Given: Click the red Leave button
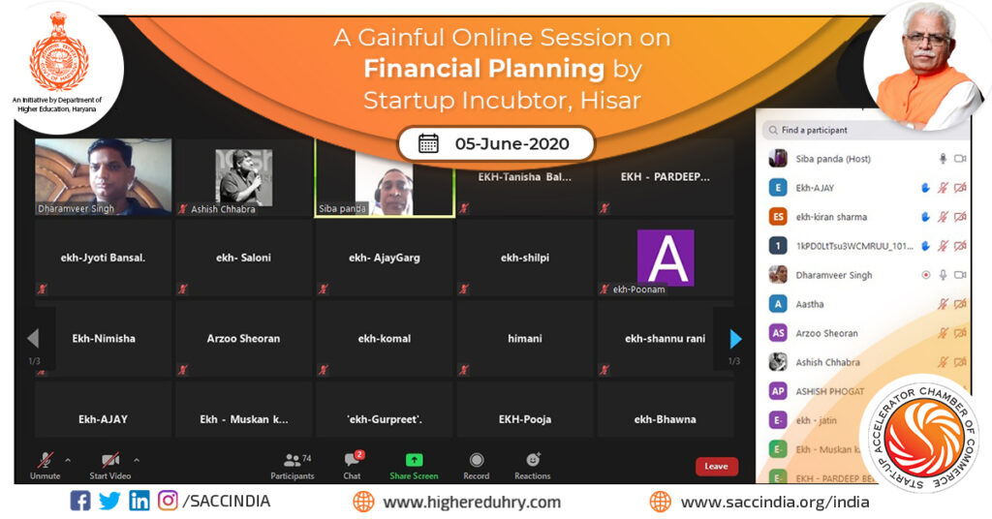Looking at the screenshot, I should [x=716, y=467].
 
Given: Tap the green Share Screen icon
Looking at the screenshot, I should [x=414, y=461].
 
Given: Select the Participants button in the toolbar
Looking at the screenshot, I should [x=293, y=462].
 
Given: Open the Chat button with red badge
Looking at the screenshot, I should [x=353, y=462].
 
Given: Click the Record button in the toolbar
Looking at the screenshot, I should [x=477, y=461].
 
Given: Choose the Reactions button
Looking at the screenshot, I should [x=533, y=461].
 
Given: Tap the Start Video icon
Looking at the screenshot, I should [x=110, y=460].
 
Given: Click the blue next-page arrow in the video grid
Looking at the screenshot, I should [x=735, y=339].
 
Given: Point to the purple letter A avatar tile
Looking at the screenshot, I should [x=666, y=257].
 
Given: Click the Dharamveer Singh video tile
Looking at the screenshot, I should [x=103, y=176].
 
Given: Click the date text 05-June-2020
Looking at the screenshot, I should [x=511, y=144].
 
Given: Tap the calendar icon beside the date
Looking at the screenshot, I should [x=428, y=144].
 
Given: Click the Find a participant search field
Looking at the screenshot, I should [x=852, y=130].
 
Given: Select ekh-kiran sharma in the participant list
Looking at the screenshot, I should [x=831, y=217].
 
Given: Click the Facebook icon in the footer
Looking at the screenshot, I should [x=80, y=502].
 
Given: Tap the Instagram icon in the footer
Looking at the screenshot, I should [x=168, y=502].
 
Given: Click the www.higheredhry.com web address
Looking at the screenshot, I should [x=472, y=502].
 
